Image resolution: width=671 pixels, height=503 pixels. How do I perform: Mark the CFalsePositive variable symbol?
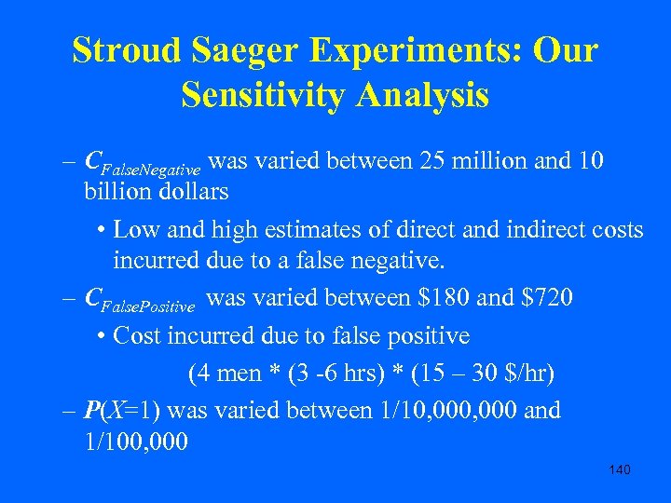click(140, 300)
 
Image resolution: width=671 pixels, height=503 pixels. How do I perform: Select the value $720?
click(541, 298)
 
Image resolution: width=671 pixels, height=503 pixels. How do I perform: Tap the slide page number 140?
click(619, 469)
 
